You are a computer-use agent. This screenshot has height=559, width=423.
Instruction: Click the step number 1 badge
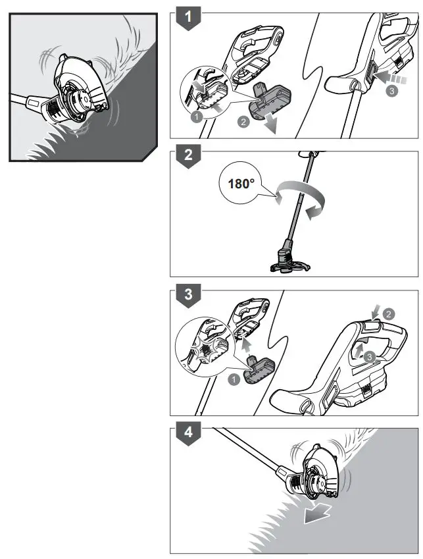tap(188, 18)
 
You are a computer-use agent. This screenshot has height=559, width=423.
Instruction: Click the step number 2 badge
tap(188, 156)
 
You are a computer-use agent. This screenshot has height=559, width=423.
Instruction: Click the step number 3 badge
tap(188, 295)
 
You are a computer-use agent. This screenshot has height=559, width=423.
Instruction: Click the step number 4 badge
tap(188, 433)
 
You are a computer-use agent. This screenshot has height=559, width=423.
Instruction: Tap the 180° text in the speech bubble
tap(241, 184)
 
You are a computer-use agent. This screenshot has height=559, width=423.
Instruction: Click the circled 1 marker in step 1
tap(196, 117)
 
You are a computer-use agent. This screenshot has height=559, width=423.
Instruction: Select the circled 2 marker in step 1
tap(243, 122)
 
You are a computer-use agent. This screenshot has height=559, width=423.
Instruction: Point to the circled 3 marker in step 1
tap(391, 91)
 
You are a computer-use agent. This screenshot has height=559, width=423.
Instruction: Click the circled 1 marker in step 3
tap(234, 380)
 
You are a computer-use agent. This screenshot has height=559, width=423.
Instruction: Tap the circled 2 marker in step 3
tap(388, 313)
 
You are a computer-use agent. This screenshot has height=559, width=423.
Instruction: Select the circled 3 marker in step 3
tap(370, 356)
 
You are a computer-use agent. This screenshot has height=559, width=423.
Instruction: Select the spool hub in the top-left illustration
tap(81, 102)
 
